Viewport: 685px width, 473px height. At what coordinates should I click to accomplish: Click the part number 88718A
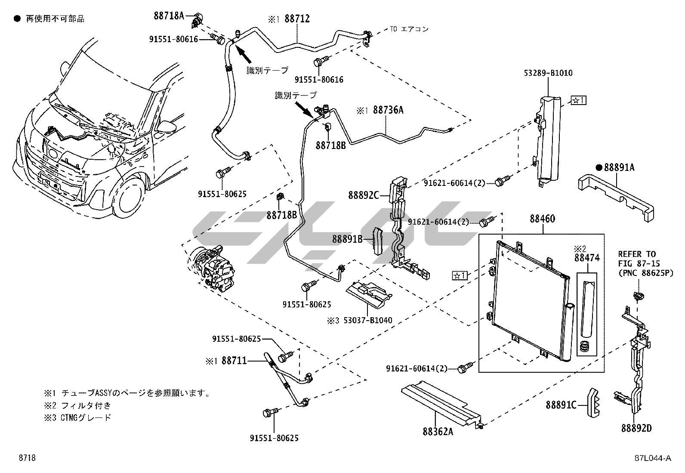point(169,16)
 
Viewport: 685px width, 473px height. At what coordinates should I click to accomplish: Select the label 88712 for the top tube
point(296,19)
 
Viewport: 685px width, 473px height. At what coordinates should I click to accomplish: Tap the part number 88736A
point(388,110)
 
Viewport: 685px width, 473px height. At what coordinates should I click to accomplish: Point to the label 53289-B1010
point(548,73)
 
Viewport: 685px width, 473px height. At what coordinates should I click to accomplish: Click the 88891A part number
point(619,167)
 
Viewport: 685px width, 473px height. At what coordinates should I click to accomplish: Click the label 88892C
point(364,196)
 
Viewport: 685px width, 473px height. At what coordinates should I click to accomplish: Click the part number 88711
point(234,361)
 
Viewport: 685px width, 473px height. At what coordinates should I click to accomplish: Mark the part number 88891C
point(561,405)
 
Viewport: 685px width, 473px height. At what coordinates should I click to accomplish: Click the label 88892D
point(636,428)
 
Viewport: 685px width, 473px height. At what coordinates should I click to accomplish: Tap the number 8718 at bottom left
point(27,458)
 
